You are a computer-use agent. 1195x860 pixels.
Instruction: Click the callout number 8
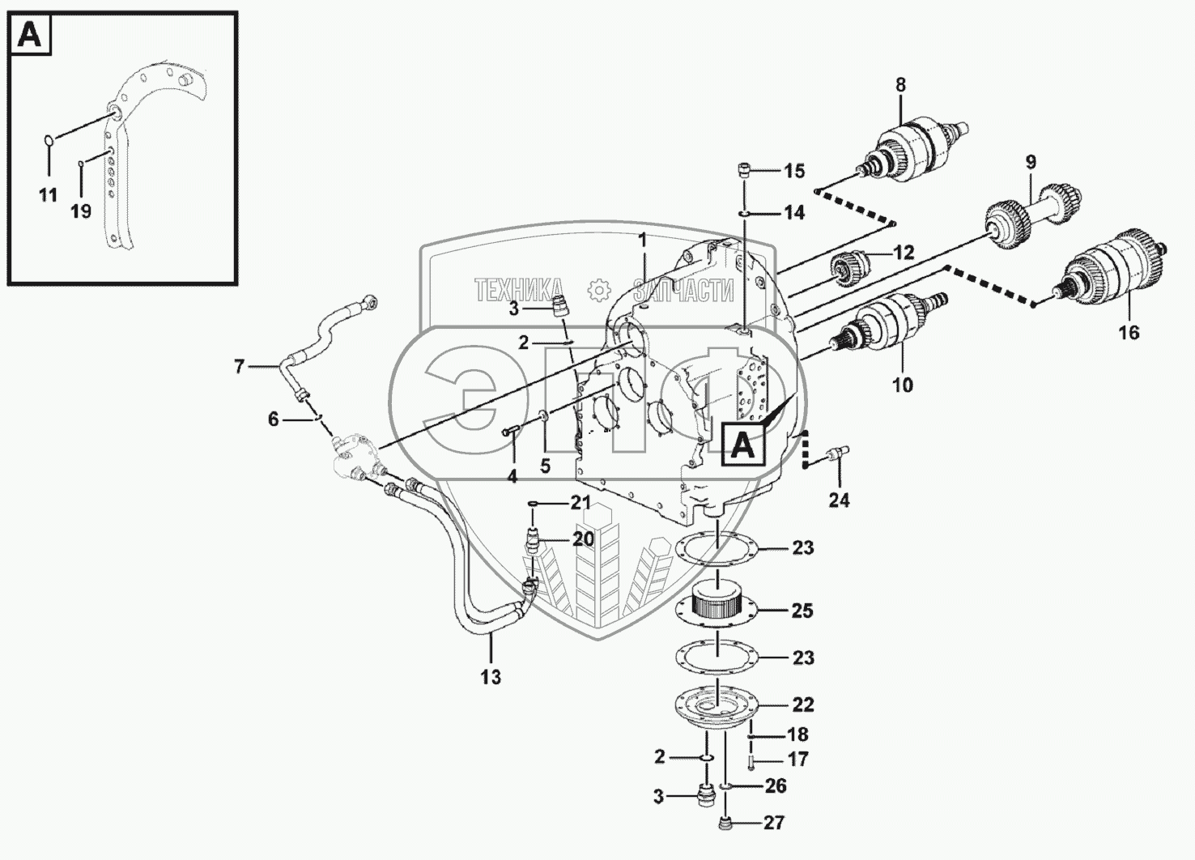tap(900, 84)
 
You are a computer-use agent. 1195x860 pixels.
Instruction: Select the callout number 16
tap(1129, 332)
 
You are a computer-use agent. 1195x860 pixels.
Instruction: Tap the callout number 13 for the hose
tap(491, 677)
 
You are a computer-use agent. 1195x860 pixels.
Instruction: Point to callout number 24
tap(839, 500)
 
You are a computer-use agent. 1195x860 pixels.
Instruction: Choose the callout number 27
tap(774, 823)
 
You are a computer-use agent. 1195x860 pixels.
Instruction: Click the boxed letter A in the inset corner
tap(30, 36)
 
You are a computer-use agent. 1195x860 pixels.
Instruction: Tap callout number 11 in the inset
tap(48, 195)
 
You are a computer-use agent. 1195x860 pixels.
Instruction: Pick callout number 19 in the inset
tap(80, 211)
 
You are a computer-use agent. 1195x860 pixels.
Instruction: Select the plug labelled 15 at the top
tap(744, 171)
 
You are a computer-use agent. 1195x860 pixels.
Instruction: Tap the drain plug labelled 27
tap(725, 824)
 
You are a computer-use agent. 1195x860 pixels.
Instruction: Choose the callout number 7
tap(239, 367)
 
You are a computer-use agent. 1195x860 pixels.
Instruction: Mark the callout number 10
tap(902, 385)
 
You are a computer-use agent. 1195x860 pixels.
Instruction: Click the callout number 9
tap(1031, 162)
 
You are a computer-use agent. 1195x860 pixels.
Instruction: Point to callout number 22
tap(802, 705)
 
